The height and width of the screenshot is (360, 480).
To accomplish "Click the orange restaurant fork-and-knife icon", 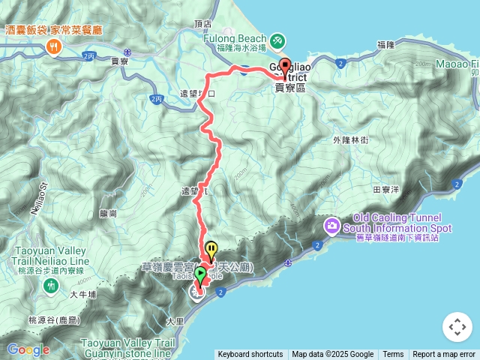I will coord(53,47).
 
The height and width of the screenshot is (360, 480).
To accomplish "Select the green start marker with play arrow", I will coord(199,274).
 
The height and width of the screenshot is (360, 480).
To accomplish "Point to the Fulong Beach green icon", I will coord(277,39).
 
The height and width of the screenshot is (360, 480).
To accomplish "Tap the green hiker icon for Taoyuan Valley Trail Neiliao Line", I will coord(50,285).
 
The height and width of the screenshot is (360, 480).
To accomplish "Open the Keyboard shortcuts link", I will coord(250,355).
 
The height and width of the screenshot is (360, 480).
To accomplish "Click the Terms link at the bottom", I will coord(393,355).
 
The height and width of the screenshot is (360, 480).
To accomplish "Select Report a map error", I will coord(444,355).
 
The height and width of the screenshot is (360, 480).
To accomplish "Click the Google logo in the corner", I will coord(28,349).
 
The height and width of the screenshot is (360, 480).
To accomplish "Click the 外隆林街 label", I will coord(350,140).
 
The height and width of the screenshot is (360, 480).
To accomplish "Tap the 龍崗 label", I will coord(108,213).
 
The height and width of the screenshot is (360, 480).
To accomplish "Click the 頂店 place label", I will coord(202,24).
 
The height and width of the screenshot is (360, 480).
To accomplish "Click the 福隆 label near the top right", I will coord(386,45).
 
